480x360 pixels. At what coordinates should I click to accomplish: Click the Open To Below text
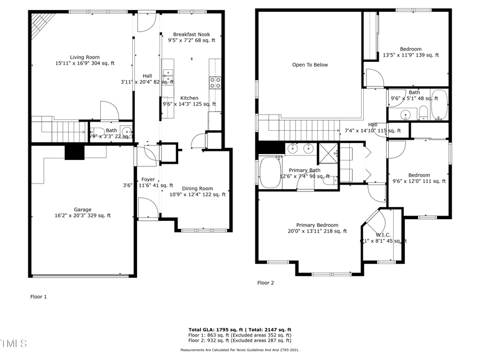[310, 65]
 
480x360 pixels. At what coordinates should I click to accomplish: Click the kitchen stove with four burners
[215, 83]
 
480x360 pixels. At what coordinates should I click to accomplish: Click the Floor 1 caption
[38, 297]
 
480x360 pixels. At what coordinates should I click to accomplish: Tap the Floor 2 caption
[265, 283]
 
